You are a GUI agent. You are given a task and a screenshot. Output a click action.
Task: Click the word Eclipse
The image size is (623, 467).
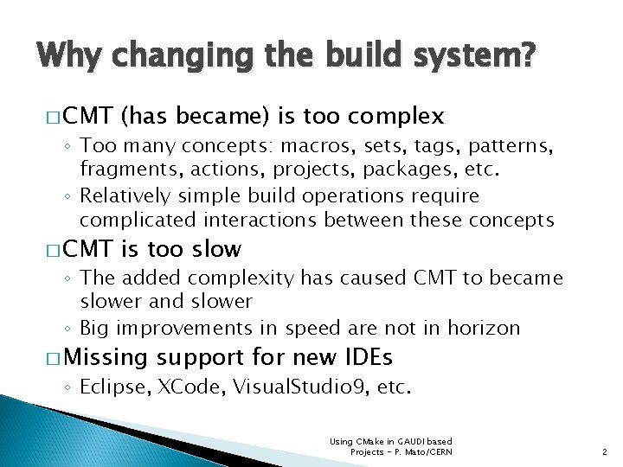[x=113, y=387]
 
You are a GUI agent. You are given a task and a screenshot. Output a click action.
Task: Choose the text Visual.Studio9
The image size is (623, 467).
[x=298, y=387]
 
